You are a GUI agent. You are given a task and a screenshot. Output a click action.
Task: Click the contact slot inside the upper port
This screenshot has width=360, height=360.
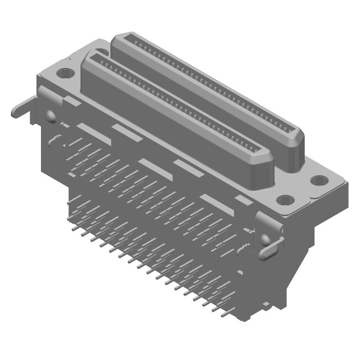[202, 85]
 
